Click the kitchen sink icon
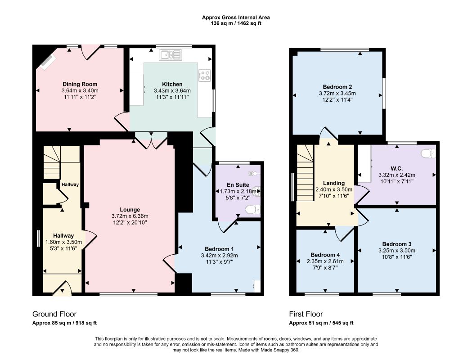point(171,55)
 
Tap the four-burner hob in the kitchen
point(205,75)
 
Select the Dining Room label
point(80,84)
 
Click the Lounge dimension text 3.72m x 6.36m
point(130,216)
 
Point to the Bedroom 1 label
point(219,249)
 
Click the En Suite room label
point(238,185)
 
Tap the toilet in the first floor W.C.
point(428,153)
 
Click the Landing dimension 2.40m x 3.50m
point(334,189)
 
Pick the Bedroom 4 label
point(325,255)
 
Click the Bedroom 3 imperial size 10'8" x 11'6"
point(397,257)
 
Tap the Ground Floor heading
point(54,314)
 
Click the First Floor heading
point(306,314)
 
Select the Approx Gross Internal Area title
point(236,18)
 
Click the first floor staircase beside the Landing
point(305,173)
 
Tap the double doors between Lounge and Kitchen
point(151,140)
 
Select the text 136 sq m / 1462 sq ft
point(236,23)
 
